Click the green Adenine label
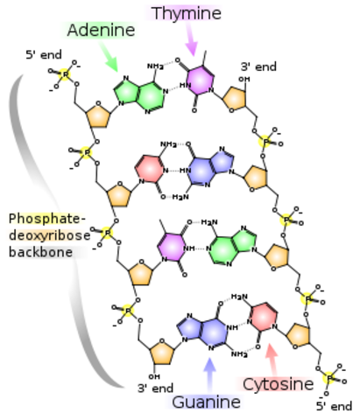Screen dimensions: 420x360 point(100,31)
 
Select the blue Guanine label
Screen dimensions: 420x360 point(205,402)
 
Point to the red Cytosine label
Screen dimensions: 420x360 point(274,384)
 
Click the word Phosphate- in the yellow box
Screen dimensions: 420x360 point(45,218)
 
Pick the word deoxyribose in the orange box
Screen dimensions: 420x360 point(45,235)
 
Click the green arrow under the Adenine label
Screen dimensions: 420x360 point(110,59)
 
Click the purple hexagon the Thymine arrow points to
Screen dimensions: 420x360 point(201,80)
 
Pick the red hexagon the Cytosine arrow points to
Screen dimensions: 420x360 point(263,317)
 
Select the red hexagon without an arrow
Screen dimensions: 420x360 point(150,167)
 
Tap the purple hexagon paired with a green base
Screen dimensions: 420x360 point(172,246)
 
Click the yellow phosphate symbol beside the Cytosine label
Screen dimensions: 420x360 point(328,378)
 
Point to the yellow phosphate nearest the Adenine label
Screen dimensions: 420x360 point(64,74)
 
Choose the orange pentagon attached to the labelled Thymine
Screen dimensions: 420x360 point(234,98)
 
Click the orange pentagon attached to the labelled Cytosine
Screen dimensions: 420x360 point(298,334)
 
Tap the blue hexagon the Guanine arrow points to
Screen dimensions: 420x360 point(213,332)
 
